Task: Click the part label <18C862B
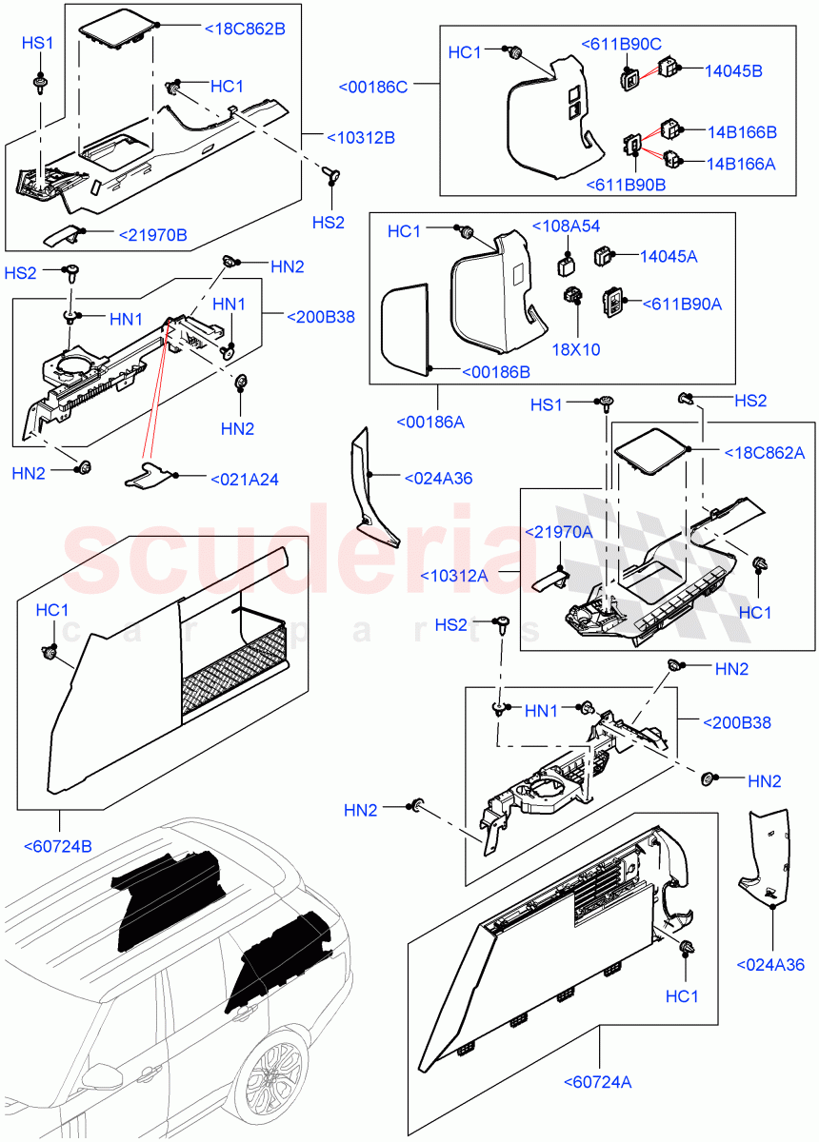pyautogui.click(x=245, y=29)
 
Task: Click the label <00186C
pyautogui.click(x=373, y=87)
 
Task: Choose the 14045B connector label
pyautogui.click(x=733, y=70)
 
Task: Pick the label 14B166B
pyautogui.click(x=741, y=131)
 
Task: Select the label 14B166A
pyautogui.click(x=741, y=164)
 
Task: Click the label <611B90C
pyautogui.click(x=622, y=44)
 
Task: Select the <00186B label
pyautogui.click(x=495, y=371)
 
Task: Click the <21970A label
pyautogui.click(x=558, y=532)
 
